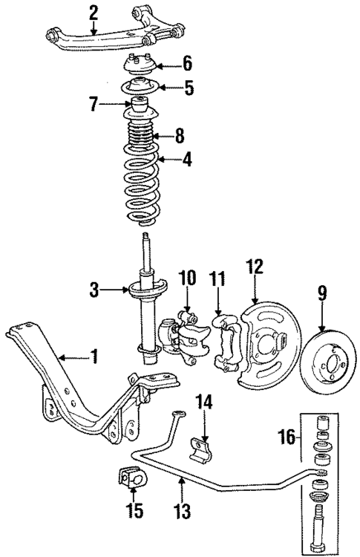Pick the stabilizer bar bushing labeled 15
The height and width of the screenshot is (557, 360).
click(x=130, y=480)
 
